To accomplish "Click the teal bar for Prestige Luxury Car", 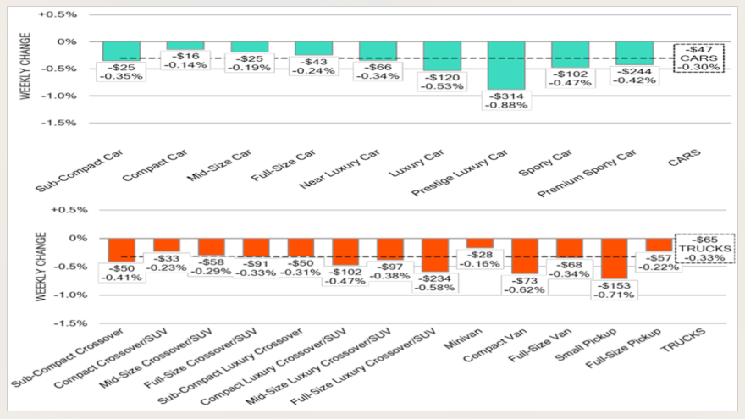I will coord(505,64).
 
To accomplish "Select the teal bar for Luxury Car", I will coord(442,56).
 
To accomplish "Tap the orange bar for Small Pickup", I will coord(615,257).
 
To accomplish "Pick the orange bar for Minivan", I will coord(480,242).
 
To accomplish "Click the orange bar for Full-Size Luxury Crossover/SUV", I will coord(435,254).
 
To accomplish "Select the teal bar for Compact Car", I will coord(185,46).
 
